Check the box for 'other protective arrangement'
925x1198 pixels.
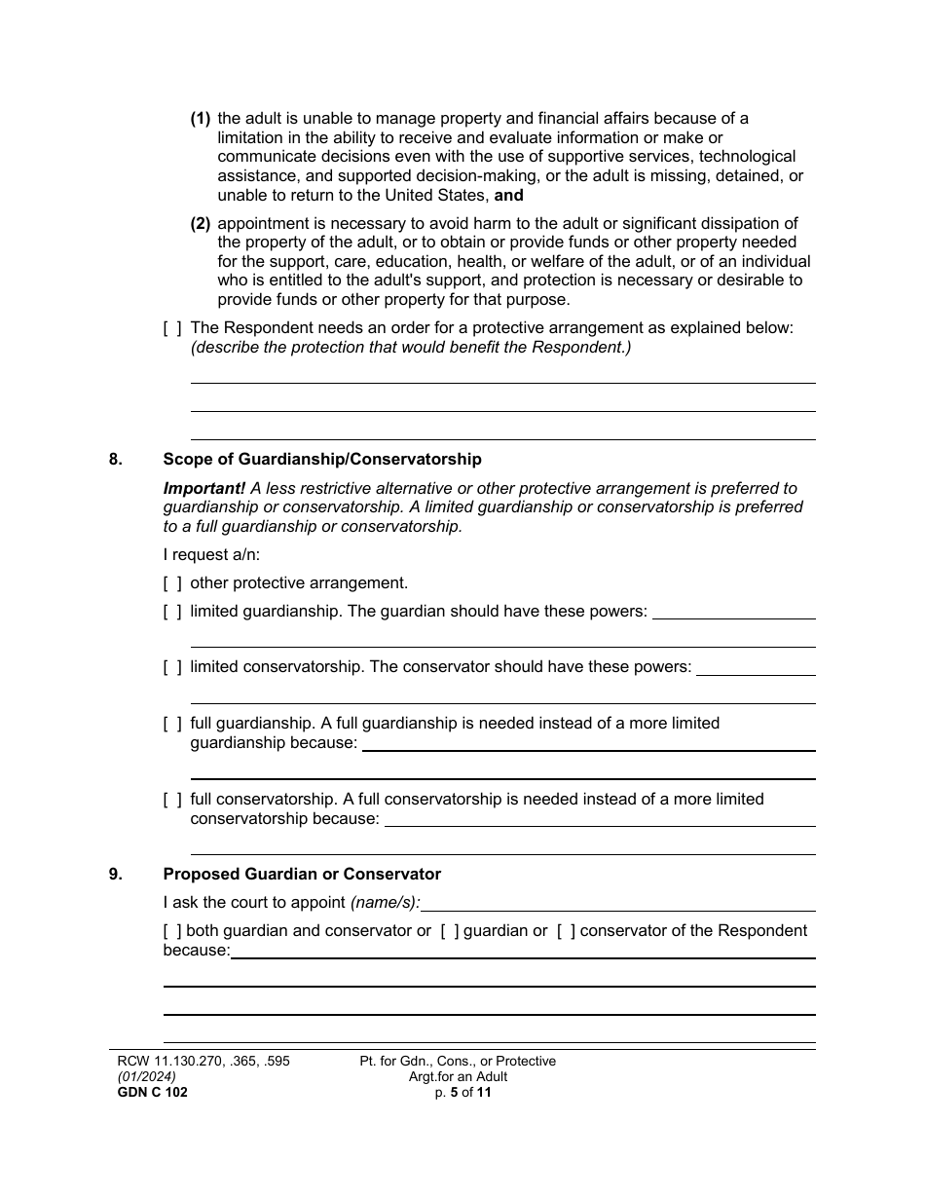point(172,583)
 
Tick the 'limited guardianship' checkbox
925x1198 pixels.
point(172,612)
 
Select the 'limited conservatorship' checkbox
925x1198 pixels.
point(172,667)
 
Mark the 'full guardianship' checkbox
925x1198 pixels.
point(172,724)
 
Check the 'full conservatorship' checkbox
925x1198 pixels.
point(172,800)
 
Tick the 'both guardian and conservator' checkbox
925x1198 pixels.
point(172,931)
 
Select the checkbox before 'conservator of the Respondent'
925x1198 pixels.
point(566,931)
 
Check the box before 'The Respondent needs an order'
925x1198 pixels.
point(172,328)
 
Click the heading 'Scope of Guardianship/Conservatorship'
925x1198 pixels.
point(322,459)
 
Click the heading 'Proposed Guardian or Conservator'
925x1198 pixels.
point(302,875)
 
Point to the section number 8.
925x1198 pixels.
point(116,459)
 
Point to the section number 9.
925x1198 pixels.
point(116,875)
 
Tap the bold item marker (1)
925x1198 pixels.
point(200,119)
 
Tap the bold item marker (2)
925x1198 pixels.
point(200,224)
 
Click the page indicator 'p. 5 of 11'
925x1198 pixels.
point(458,1092)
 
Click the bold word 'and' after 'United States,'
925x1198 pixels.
point(509,195)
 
